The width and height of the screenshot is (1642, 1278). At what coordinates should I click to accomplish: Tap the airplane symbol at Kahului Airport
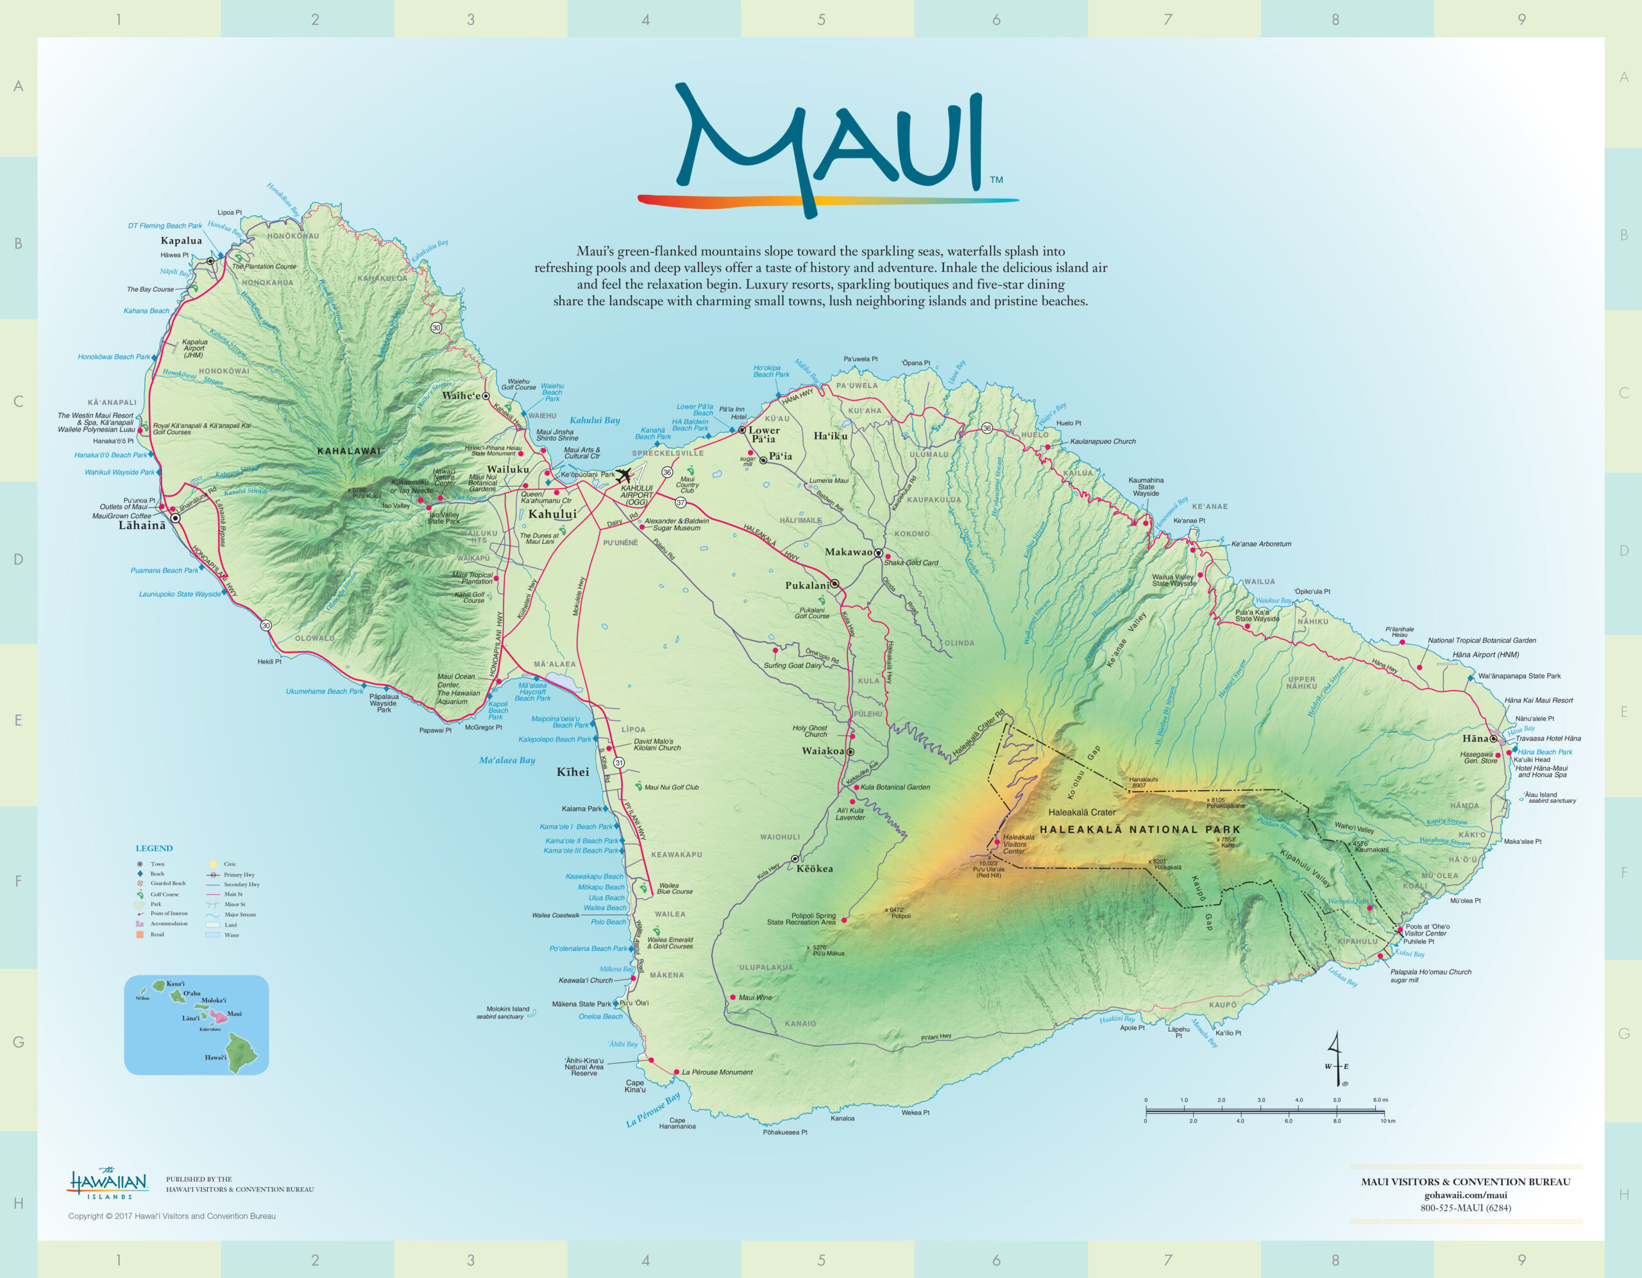(623, 475)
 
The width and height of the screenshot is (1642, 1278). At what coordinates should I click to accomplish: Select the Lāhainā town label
(142, 525)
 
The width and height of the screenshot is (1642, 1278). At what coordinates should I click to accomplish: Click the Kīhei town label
(573, 772)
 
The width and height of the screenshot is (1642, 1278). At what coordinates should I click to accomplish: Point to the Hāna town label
(1475, 738)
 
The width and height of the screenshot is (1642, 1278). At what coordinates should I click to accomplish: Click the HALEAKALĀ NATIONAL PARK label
(1140, 830)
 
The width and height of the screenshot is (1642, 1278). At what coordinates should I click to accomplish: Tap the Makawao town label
(848, 552)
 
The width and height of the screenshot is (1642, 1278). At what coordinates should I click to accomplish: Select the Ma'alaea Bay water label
(507, 760)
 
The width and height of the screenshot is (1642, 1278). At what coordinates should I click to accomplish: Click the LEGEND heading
(154, 848)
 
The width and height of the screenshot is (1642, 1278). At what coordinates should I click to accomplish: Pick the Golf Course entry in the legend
(164, 895)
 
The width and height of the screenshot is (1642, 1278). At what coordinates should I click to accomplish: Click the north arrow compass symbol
(1337, 1060)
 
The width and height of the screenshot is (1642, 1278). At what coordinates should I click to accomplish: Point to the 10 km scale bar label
(1387, 1121)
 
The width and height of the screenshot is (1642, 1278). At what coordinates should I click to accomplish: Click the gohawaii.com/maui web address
(1466, 1195)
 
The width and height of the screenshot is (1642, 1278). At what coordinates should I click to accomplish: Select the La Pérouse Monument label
(716, 1072)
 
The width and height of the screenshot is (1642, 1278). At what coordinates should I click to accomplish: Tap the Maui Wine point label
(755, 998)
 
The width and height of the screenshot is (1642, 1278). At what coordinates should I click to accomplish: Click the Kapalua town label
(181, 240)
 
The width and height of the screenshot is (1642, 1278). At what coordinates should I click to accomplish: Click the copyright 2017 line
(172, 1216)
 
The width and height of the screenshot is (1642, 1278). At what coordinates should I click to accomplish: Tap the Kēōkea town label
(814, 868)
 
